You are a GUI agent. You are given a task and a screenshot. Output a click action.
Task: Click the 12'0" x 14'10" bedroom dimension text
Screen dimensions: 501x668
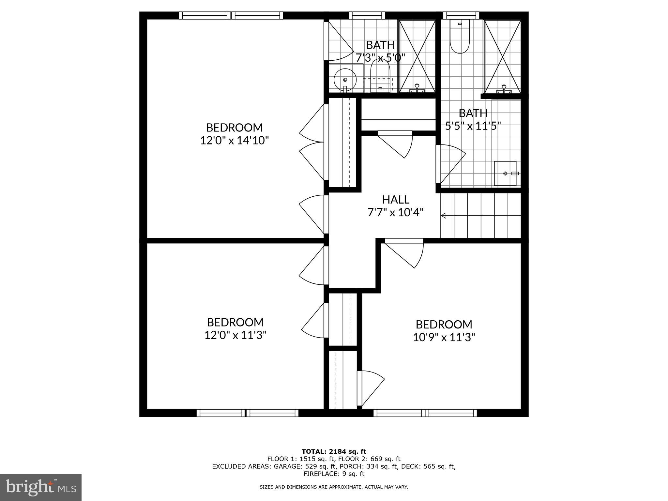[x=234, y=141]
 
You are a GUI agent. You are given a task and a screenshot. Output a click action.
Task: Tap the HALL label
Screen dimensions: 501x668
[x=395, y=199]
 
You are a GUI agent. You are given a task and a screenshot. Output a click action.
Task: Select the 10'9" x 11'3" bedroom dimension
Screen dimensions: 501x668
[x=444, y=337]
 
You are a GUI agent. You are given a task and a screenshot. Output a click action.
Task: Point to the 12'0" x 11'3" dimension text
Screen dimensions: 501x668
[x=235, y=335]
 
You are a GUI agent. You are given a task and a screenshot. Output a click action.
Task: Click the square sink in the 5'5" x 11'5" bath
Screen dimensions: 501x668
[x=505, y=173]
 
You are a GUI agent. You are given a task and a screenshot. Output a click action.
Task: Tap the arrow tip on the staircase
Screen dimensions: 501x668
[x=443, y=215]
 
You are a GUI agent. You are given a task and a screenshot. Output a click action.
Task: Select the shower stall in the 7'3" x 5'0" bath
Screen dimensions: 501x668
[x=417, y=56]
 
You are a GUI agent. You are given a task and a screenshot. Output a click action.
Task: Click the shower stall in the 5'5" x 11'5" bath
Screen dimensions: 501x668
[x=502, y=56]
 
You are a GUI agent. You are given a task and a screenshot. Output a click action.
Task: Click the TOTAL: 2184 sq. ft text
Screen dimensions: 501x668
[x=334, y=451]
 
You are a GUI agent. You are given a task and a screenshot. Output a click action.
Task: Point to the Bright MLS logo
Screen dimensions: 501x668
[x=40, y=487]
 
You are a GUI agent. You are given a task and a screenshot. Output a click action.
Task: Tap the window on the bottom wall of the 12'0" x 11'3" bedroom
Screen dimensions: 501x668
[x=247, y=413]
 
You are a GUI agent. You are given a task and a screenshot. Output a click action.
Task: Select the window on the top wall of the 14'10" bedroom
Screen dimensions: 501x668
[x=231, y=15]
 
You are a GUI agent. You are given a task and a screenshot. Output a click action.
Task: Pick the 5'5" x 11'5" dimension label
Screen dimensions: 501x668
[x=473, y=126]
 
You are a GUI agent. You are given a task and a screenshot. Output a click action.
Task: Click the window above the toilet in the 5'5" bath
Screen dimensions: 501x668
[x=461, y=15]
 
